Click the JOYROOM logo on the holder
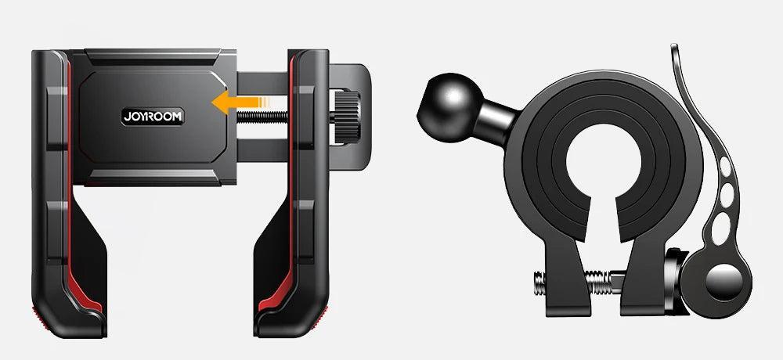point(153,116)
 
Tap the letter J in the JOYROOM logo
point(126,116)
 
